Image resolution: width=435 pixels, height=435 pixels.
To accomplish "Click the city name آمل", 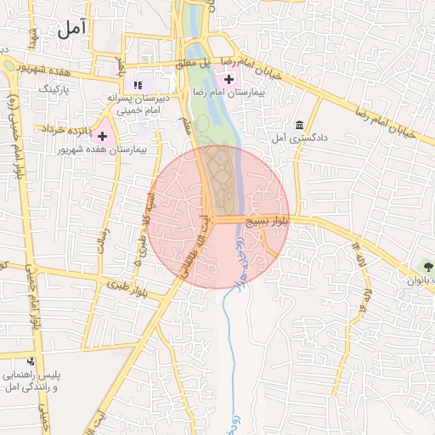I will (x=74, y=31).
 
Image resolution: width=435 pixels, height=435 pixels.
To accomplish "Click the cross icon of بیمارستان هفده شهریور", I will (x=103, y=136).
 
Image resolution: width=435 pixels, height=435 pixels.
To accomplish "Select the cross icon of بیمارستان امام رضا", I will (x=228, y=79).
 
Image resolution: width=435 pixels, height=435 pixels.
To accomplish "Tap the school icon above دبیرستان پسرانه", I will (x=138, y=85).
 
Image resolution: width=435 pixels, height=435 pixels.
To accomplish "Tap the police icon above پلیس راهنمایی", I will (x=31, y=362).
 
